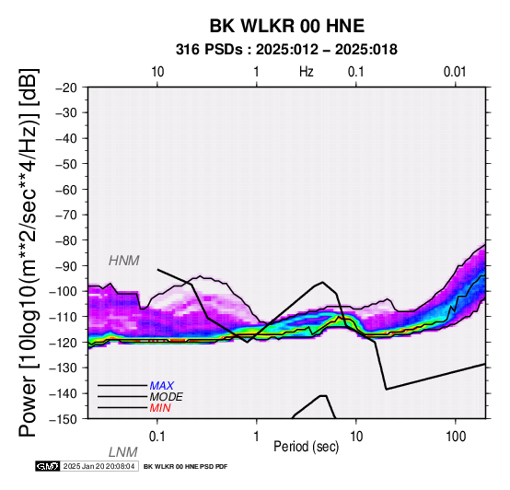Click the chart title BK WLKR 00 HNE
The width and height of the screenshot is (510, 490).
[x=287, y=26]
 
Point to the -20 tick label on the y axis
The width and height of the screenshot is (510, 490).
[x=65, y=87]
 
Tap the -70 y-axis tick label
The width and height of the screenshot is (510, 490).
[x=65, y=215]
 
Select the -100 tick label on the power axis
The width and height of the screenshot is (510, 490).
[x=64, y=291]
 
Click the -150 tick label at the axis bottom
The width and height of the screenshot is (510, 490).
[x=64, y=419]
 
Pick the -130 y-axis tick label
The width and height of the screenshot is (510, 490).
[x=64, y=367]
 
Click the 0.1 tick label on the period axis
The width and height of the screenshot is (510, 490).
[x=157, y=437]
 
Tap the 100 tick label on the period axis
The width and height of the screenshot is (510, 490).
[x=456, y=437]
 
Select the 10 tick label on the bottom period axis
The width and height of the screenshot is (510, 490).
[x=356, y=437]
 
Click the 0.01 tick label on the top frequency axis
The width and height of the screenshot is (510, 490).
[x=455, y=72]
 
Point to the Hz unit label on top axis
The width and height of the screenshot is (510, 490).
[x=306, y=72]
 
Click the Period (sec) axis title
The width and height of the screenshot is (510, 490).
[x=306, y=447]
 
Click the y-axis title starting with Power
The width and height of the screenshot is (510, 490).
[x=29, y=253]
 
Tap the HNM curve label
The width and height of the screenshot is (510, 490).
[x=124, y=261]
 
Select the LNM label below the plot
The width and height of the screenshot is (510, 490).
[x=123, y=452]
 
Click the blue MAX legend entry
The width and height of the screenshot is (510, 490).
[x=162, y=386]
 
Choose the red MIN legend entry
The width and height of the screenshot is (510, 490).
[x=160, y=408]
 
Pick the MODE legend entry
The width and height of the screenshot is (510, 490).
[x=167, y=397]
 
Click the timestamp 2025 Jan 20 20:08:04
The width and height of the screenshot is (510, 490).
[x=99, y=466]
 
